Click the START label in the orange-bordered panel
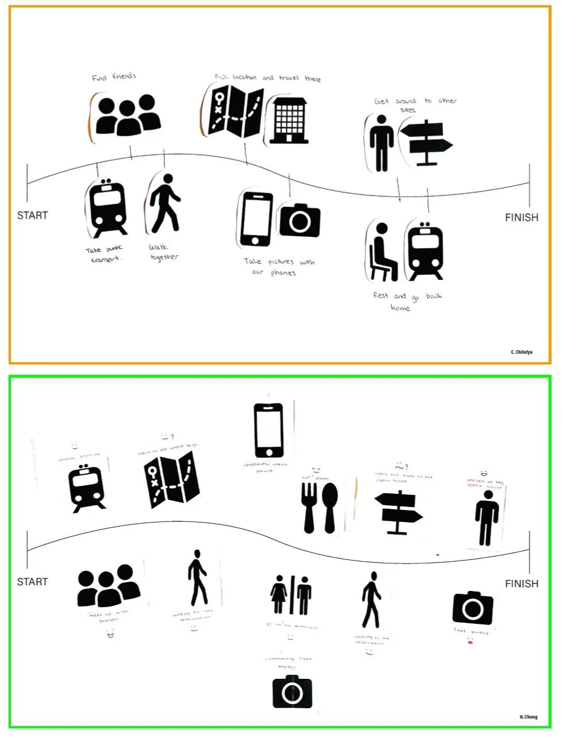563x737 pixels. pos(32,216)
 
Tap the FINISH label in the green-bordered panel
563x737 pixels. pos(522,584)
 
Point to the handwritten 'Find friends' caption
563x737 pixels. pos(114,76)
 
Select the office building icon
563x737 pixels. pos(290,120)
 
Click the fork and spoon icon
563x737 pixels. pos(320,508)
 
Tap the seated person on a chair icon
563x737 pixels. pos(383,251)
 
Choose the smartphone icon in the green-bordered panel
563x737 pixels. pos(268,431)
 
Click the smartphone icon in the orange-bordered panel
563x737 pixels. pos(257,219)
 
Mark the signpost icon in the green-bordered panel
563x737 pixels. pos(399,511)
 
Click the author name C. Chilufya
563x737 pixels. pos(521,352)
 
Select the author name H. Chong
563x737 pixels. pos(528,717)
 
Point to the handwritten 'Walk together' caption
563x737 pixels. pos(164,252)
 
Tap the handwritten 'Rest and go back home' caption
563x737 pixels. pos(407,301)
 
